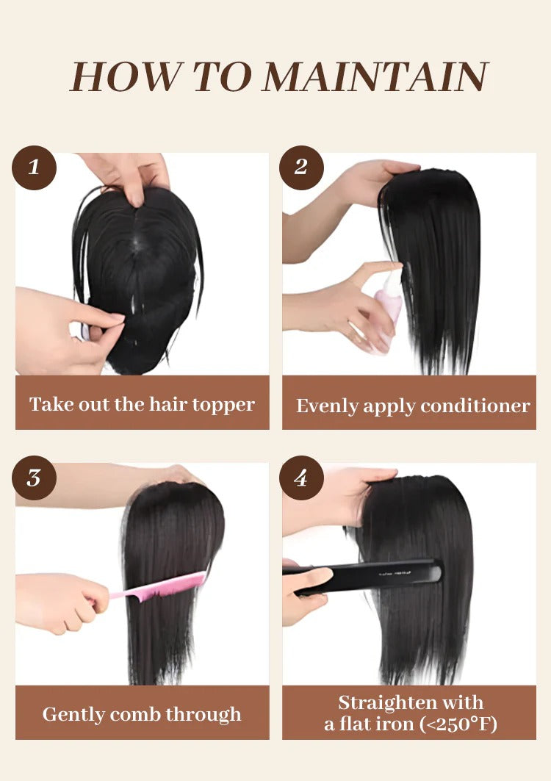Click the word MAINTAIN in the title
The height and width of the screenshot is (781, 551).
[x=375, y=76]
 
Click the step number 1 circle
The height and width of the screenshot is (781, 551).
[x=34, y=168]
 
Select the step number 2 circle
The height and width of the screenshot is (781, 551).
[x=301, y=168]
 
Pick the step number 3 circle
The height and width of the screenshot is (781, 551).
[x=34, y=478]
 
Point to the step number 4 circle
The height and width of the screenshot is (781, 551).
[x=301, y=478]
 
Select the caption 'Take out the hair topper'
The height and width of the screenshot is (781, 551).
[x=142, y=404]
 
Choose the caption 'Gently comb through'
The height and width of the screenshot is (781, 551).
[x=142, y=714]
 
